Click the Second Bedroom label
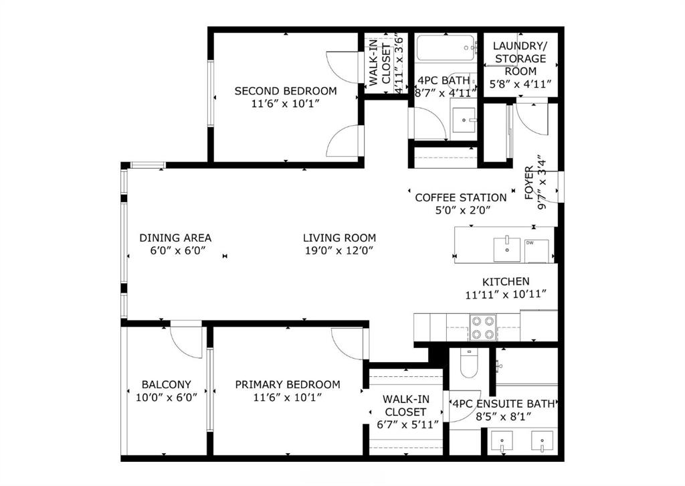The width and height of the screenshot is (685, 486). pos(286,91)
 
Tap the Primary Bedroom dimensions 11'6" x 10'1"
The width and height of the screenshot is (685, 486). pos(288,397)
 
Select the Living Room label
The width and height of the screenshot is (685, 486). pos(339,238)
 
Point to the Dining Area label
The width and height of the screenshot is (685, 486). pos(175,238)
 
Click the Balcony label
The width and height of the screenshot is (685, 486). pos(167,385)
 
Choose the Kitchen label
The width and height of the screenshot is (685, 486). pos(506,281)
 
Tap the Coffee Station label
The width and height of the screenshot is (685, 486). pos(461,197)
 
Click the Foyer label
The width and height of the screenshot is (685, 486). pos(529,183)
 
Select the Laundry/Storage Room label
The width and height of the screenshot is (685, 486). pos(520,58)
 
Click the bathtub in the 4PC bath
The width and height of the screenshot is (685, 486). pos(446,48)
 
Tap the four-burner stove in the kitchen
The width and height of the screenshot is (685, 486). pos(483,327)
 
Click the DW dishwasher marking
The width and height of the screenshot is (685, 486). pos(530,242)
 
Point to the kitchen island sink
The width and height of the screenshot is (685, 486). pos(507,249)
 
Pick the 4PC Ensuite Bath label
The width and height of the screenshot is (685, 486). pos(503,404)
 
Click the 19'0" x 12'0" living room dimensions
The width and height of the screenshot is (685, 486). pos(339,250)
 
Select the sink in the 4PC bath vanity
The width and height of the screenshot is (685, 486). pos(464,120)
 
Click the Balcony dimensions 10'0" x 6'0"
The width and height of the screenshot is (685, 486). pos(167,397)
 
